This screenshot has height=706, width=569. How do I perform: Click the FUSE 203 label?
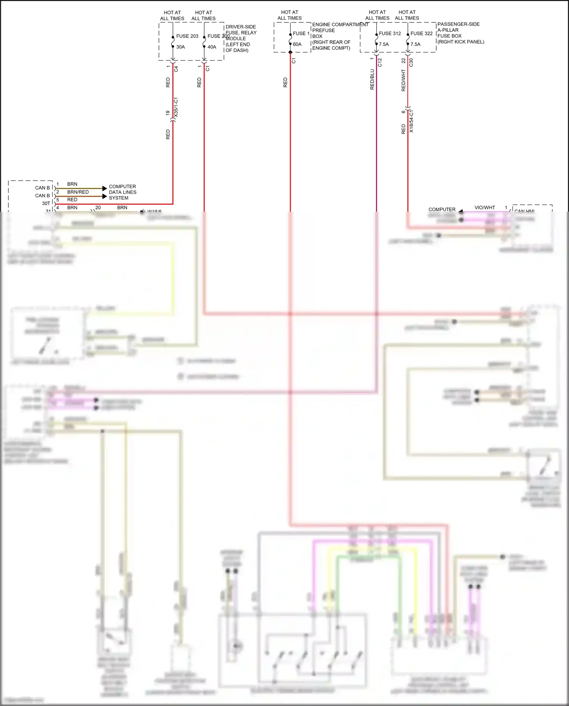[x=187, y=36]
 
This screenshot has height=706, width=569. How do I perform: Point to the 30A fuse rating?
[x=181, y=47]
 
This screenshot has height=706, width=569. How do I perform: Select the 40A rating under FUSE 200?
[x=212, y=47]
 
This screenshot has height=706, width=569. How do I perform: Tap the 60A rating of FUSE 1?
[x=297, y=44]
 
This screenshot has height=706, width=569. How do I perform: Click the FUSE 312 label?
[x=390, y=33]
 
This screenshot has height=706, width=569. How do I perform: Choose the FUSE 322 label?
[x=421, y=33]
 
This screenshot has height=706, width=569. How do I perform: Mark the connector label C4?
[x=176, y=69]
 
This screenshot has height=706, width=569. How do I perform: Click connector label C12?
[x=380, y=63]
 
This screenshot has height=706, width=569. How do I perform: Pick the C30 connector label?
[x=411, y=63]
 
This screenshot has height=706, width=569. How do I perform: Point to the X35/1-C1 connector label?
[x=176, y=107]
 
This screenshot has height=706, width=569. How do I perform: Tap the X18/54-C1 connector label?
[x=412, y=121]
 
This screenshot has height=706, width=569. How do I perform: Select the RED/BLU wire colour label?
[x=372, y=79]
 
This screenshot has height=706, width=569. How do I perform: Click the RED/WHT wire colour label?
[x=403, y=80]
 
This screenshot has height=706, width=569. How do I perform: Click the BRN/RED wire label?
[x=78, y=192]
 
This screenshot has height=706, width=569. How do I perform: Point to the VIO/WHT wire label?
[x=485, y=208]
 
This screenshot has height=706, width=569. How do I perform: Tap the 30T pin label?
[x=46, y=203]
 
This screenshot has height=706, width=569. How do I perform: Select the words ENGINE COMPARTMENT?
[x=340, y=25]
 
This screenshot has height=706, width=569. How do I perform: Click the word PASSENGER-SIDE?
[x=458, y=24]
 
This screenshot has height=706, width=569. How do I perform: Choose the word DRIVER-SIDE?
[x=240, y=27]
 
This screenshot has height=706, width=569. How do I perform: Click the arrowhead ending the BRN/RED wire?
[x=105, y=196]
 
